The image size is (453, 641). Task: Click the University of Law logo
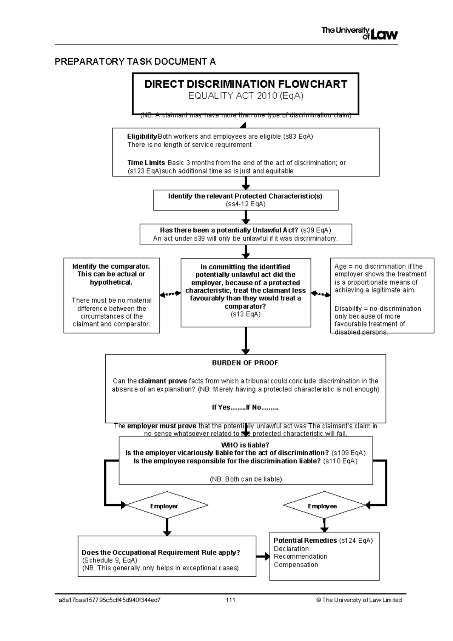point(359,33)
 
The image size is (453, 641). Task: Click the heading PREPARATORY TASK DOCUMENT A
point(135,62)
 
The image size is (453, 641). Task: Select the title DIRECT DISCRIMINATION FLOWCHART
point(246,84)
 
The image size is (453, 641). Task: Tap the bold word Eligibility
point(142,136)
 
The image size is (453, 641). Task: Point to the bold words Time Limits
point(146,163)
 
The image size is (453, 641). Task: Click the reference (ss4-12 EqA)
point(245,204)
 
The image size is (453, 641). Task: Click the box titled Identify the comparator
point(111,295)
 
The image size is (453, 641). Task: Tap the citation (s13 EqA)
point(245,314)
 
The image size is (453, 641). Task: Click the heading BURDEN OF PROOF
point(245,363)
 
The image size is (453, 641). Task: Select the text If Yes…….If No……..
point(245,407)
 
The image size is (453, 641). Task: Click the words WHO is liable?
point(245,445)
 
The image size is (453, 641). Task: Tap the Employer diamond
point(166,506)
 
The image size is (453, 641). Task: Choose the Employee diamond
point(324,506)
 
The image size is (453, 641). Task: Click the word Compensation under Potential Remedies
point(296,565)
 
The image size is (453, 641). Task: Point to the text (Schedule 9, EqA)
point(109,560)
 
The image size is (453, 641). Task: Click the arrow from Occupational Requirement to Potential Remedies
point(263,556)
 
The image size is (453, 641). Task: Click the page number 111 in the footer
point(230,600)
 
